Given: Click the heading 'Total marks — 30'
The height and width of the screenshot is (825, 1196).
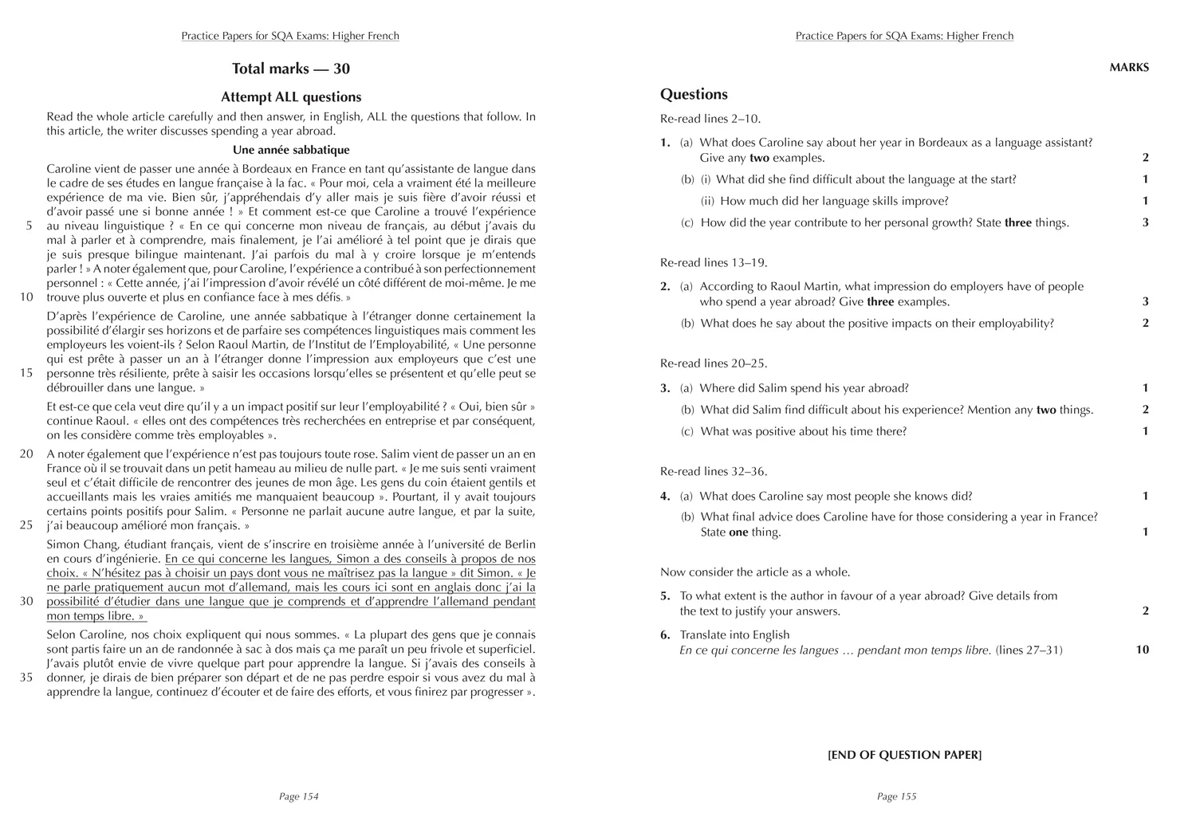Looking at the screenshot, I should point(290,69).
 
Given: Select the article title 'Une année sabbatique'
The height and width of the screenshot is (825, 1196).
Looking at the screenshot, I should point(290,150).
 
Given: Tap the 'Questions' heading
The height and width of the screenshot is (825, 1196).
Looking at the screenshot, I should point(694,94).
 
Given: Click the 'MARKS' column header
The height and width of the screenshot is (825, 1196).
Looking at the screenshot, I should point(1129,68).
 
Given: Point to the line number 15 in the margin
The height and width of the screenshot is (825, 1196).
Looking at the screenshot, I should point(26,373).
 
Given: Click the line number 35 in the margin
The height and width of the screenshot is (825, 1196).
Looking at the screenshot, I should point(26,678).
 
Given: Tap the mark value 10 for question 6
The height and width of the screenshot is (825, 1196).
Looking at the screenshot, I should point(1142,650).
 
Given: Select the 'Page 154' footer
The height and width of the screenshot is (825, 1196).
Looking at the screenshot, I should point(299,796).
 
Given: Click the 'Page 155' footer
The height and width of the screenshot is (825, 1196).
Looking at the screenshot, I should point(897,796).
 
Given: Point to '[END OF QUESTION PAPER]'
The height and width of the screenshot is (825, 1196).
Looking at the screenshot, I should point(904,755).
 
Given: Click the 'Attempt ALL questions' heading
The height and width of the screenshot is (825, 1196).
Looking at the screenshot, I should point(290,97).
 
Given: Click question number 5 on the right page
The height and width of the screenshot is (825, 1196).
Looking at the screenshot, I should point(664,596).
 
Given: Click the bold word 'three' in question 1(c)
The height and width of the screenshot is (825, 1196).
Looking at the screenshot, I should point(1018,223).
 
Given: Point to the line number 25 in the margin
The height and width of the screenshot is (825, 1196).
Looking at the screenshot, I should point(26,525).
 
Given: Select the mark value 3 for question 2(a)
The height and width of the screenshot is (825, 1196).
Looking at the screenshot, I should point(1146,302).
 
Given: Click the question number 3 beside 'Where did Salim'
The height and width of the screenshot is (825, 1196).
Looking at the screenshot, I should point(664,389).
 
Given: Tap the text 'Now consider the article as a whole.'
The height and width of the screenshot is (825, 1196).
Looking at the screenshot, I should point(755,572).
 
